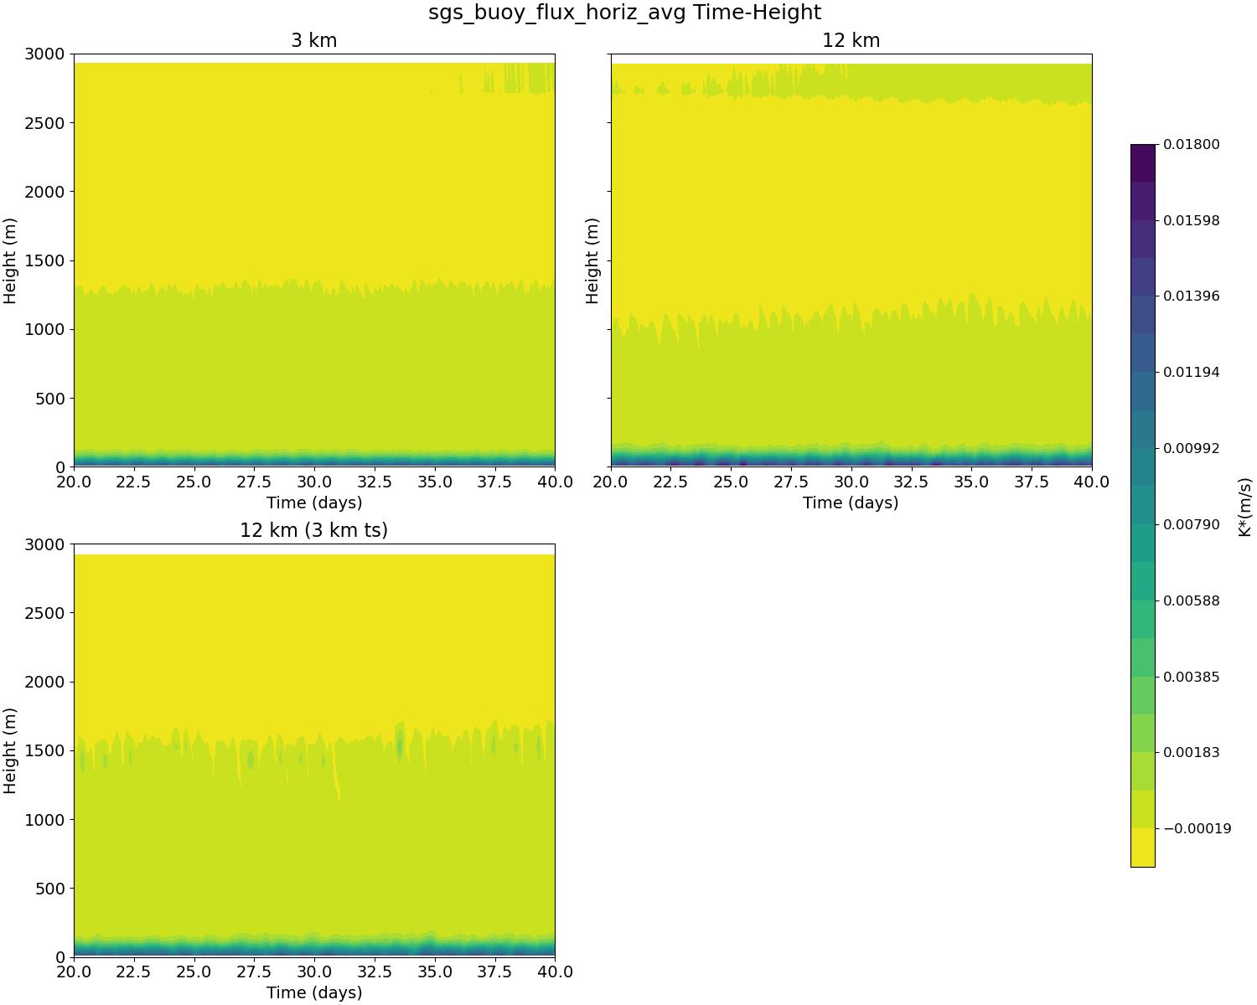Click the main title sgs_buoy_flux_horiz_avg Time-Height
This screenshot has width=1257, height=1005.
coord(624,13)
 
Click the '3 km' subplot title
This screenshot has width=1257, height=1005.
coord(314,40)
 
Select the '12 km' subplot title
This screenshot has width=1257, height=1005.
coord(851,40)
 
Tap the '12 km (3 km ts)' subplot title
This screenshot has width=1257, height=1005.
coord(314,530)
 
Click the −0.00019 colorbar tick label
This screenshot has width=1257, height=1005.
coord(1197,829)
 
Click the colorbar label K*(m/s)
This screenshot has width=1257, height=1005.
coord(1245,507)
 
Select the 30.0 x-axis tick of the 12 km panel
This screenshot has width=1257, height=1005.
coord(851,482)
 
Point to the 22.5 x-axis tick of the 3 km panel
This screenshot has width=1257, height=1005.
coord(134,482)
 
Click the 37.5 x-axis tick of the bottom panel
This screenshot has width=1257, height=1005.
coord(494,972)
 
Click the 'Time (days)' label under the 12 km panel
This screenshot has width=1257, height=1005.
coord(851,503)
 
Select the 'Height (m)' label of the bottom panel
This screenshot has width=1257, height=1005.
coord(11,750)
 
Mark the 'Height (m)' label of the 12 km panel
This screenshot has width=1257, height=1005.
coord(592,260)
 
